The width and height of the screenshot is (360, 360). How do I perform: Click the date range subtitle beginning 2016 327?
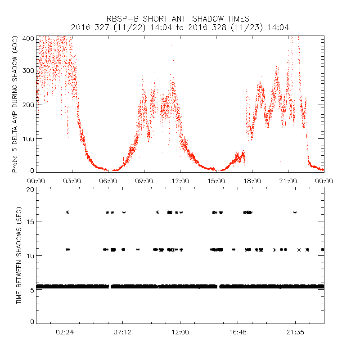pyautogui.click(x=180, y=27)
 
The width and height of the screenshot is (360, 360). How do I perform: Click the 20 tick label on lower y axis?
pyautogui.click(x=30, y=190)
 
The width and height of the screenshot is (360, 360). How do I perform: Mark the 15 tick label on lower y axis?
pyautogui.click(x=30, y=221)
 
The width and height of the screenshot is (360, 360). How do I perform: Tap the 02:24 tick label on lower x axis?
pyautogui.click(x=65, y=332)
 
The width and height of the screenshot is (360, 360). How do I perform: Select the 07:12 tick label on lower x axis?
pyautogui.click(x=123, y=332)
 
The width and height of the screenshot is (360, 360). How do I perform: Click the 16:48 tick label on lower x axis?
pyautogui.click(x=238, y=332)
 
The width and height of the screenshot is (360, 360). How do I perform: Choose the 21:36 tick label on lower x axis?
pyautogui.click(x=295, y=332)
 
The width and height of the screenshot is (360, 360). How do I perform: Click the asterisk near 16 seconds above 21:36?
pyautogui.click(x=295, y=212)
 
